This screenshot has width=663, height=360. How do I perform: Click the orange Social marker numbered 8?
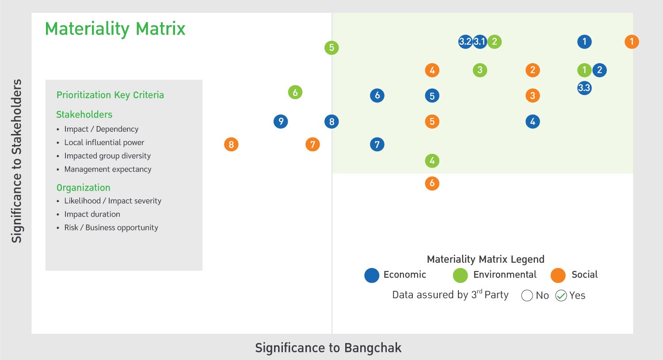click(x=231, y=145)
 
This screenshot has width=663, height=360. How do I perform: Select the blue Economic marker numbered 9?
click(x=281, y=121)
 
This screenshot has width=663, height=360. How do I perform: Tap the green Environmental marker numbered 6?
click(x=295, y=92)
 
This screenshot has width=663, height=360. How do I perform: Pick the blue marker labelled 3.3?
click(x=584, y=88)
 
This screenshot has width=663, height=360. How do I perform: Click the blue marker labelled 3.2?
click(x=465, y=42)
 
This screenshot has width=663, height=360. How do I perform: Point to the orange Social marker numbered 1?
click(x=632, y=42)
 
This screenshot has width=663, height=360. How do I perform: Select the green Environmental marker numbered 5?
click(x=331, y=48)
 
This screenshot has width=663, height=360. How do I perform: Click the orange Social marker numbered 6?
click(x=432, y=183)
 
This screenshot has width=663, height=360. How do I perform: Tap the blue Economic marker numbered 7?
click(x=377, y=144)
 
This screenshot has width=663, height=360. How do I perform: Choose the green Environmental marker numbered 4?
click(x=432, y=161)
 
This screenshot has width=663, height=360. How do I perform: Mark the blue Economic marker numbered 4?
click(x=533, y=121)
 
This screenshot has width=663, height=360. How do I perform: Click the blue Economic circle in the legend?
click(x=372, y=275)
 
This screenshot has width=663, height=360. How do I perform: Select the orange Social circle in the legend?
click(x=558, y=275)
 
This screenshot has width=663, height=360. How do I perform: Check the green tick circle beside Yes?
click(x=561, y=295)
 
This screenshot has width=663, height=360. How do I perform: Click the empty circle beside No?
click(x=527, y=295)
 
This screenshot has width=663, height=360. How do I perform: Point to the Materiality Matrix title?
click(x=115, y=29)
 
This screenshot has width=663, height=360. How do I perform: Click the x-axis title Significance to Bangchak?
click(x=328, y=348)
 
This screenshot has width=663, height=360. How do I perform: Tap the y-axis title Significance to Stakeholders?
click(x=17, y=161)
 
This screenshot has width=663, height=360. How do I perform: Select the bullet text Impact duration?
click(x=92, y=214)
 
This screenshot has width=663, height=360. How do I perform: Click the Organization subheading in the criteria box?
click(x=83, y=188)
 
